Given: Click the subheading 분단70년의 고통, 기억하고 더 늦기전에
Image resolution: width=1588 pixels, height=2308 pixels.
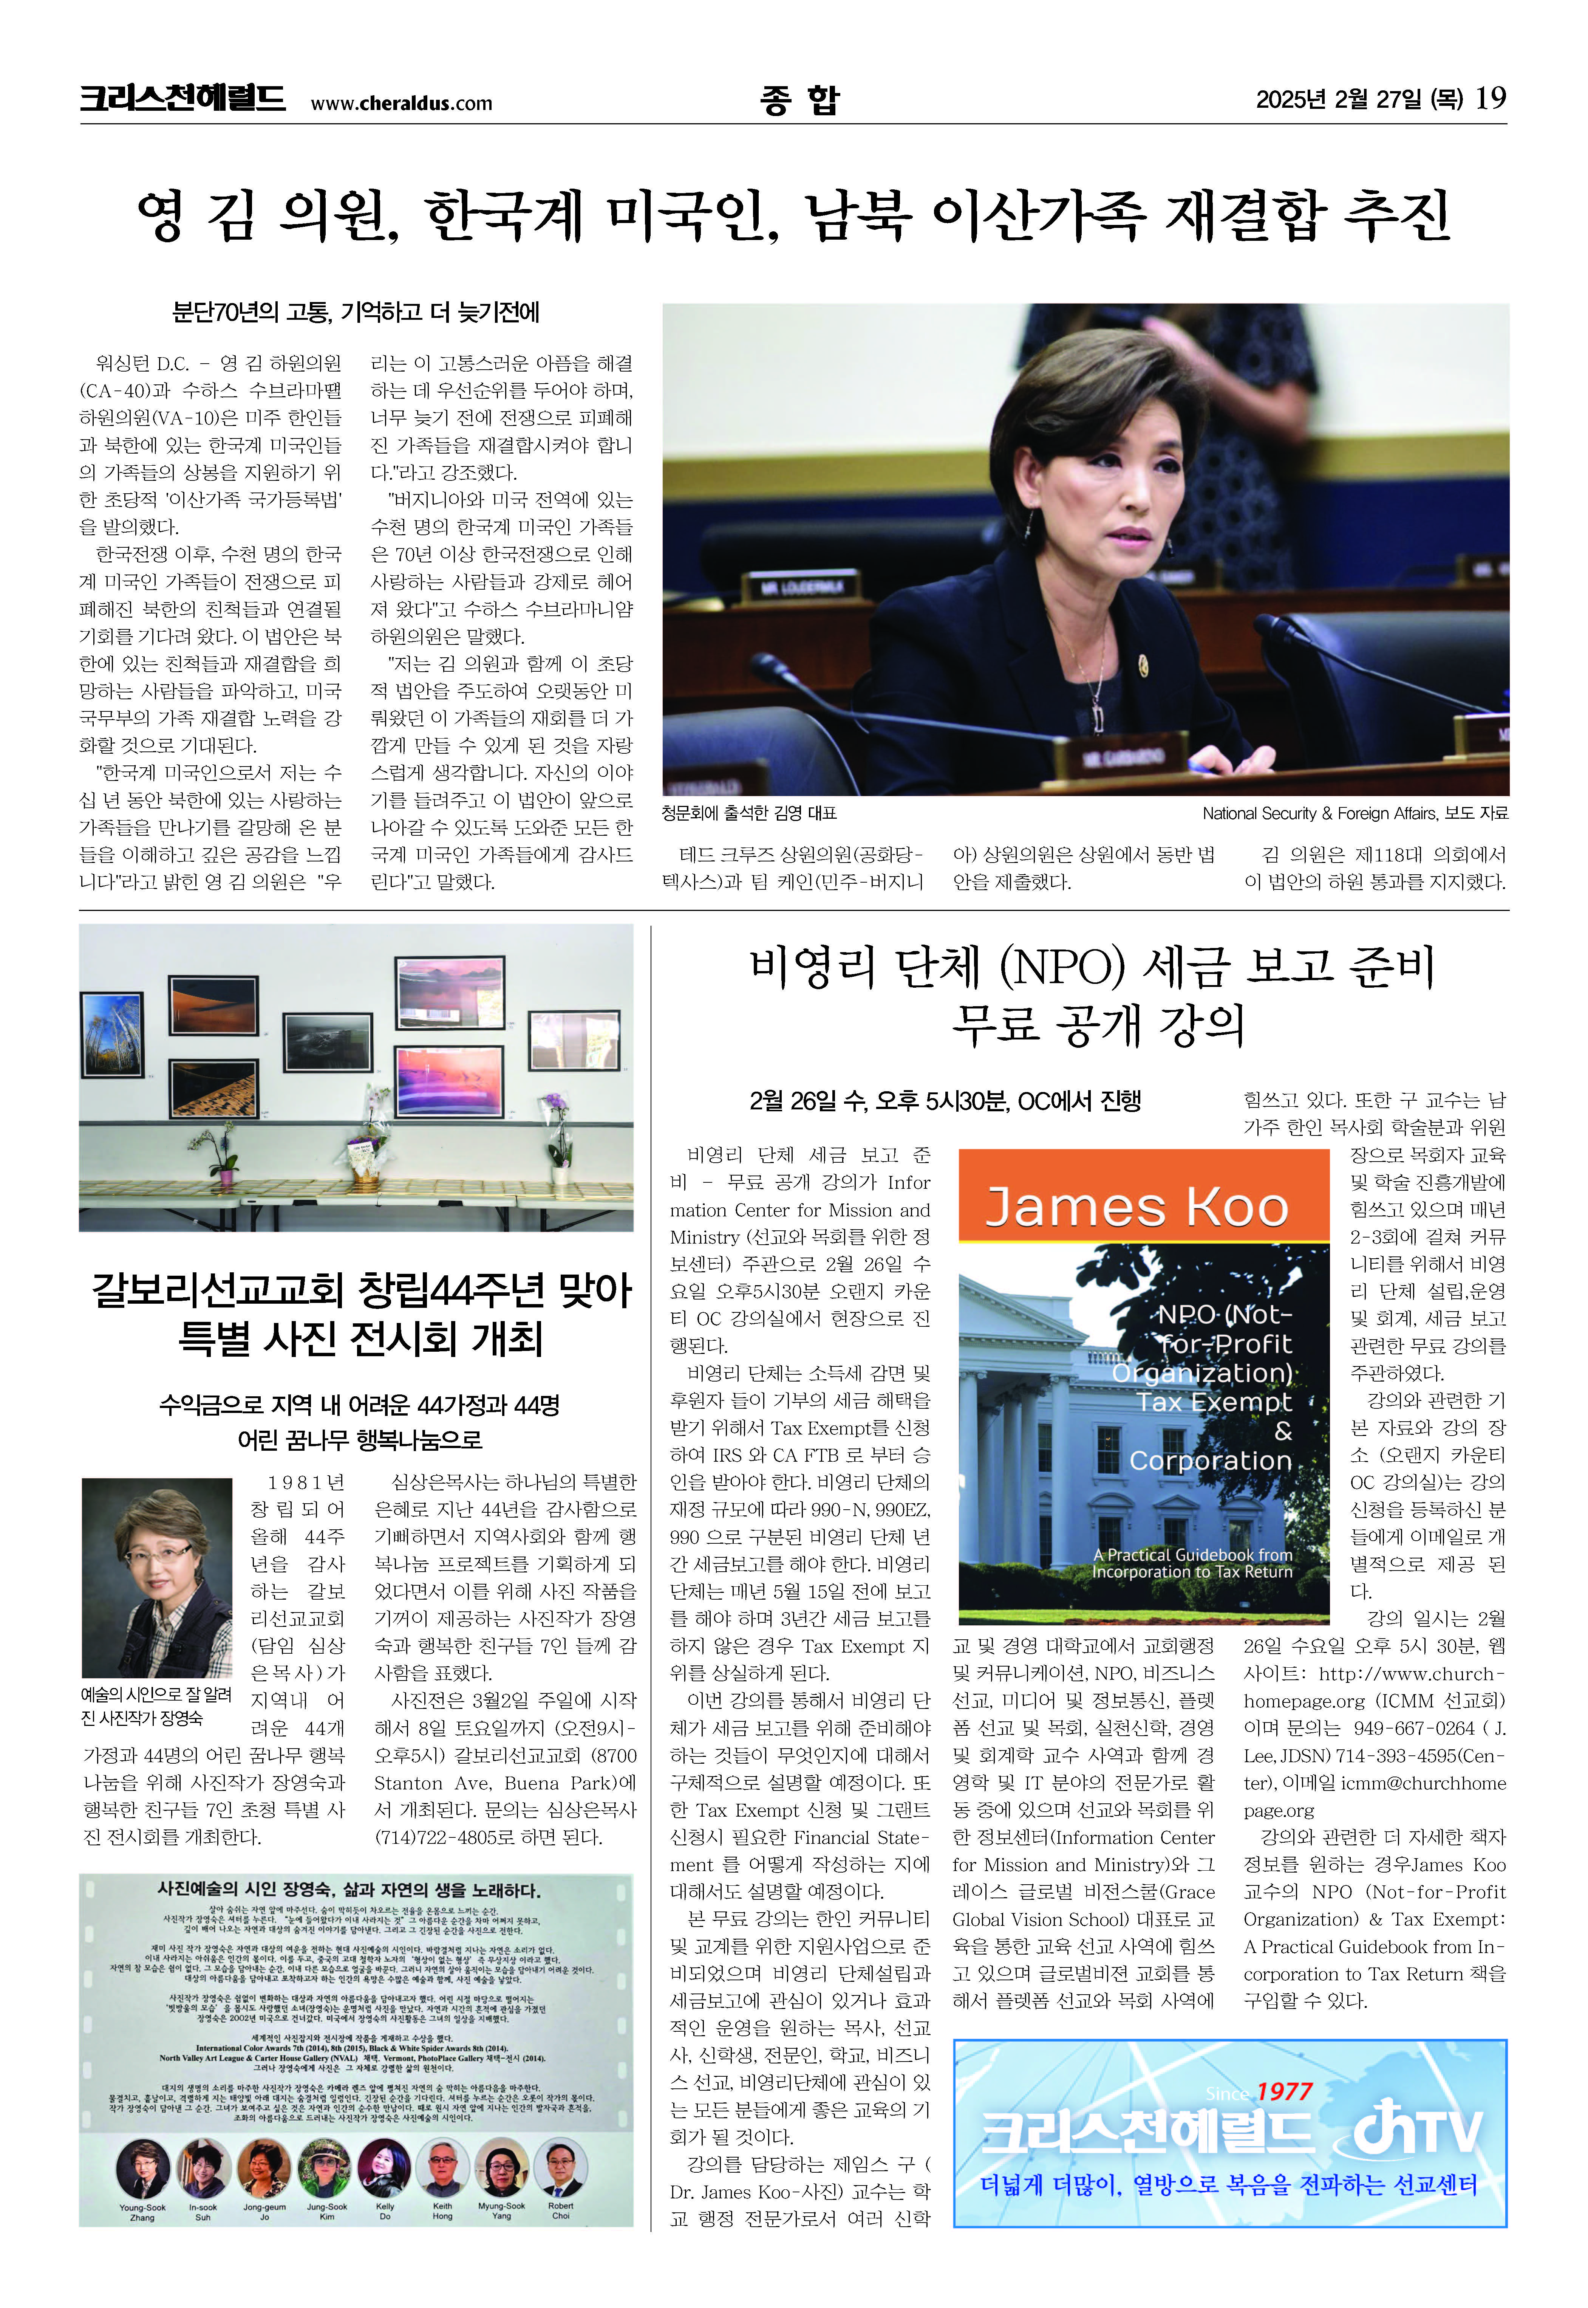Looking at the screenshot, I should pyautogui.click(x=356, y=313).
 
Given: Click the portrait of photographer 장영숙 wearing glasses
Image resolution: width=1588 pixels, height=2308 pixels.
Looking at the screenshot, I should pyautogui.click(x=157, y=1577).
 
